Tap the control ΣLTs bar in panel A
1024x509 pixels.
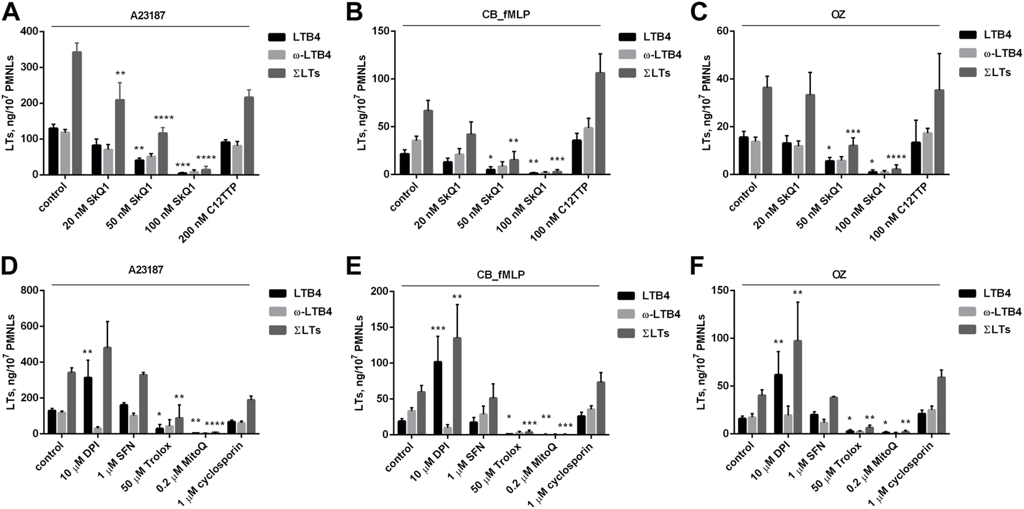tap(77, 114)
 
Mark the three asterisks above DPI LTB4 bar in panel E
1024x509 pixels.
tap(438, 329)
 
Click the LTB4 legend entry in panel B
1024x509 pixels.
tap(657, 37)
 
